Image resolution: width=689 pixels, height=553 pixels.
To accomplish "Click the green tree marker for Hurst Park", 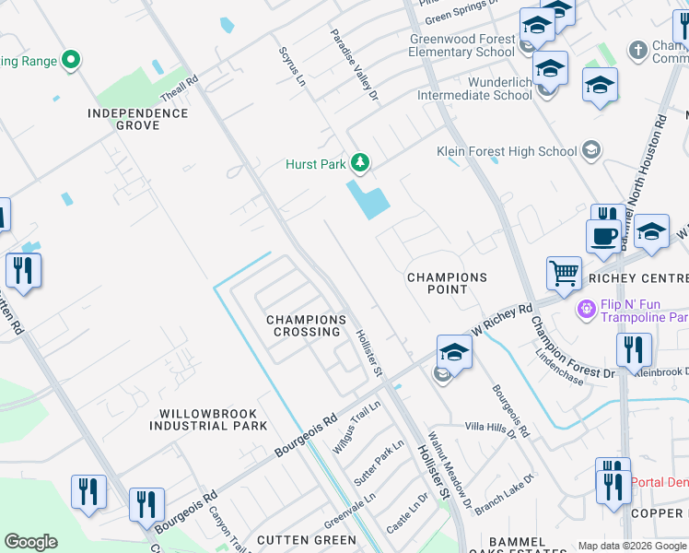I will pyautogui.click(x=359, y=164).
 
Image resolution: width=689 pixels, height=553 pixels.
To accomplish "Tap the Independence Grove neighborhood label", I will pyautogui.click(x=137, y=120).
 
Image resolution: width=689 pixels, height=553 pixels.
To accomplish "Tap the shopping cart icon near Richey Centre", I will pyautogui.click(x=564, y=274).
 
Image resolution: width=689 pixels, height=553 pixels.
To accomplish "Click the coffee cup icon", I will pyautogui.click(x=603, y=235).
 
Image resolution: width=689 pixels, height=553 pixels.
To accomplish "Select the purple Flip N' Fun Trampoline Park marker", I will pyautogui.click(x=583, y=307).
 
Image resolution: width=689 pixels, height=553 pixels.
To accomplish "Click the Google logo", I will pyautogui.click(x=30, y=542).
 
